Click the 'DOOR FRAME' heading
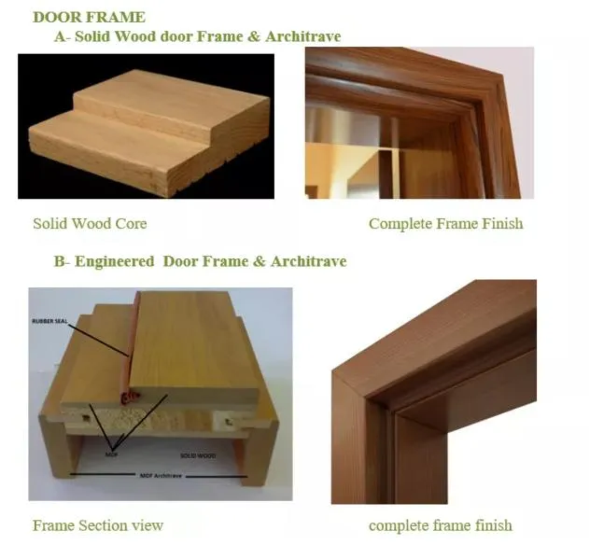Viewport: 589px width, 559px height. click(x=89, y=17)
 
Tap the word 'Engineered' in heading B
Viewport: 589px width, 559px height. click(x=116, y=261)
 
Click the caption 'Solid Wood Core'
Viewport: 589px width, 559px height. click(x=90, y=224)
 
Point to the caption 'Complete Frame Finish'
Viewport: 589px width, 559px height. click(x=445, y=224)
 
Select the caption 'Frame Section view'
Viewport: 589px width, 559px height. click(x=98, y=525)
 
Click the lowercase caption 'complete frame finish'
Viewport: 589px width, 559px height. click(x=440, y=525)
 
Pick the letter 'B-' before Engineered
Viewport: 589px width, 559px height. click(x=63, y=261)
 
